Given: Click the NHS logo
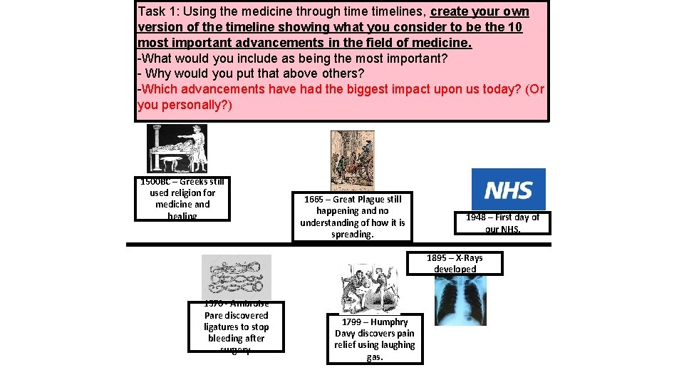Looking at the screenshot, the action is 509,189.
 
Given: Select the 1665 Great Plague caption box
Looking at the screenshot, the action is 352,217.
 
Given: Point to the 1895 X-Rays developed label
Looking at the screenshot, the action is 455,263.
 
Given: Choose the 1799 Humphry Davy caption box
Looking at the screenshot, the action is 375,339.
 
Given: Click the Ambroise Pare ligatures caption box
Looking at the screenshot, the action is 236,327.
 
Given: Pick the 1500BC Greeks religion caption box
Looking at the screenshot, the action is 182,199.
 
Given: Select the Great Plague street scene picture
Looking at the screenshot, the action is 353,160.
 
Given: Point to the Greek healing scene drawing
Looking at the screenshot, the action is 177,148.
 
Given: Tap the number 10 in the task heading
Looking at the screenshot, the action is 515,27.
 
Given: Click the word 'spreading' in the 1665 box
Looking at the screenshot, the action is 352,234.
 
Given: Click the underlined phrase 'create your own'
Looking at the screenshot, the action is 480,12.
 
